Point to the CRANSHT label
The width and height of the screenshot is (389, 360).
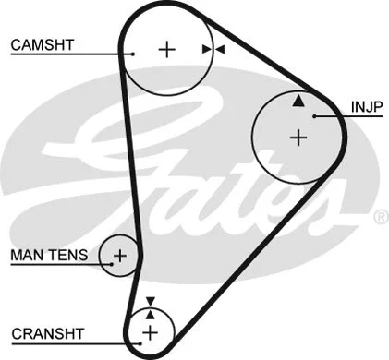pyautogui.click(x=47, y=332)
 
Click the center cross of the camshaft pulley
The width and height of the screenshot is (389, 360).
pyautogui.click(x=166, y=49)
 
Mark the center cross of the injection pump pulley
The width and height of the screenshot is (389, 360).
pyautogui.click(x=298, y=138)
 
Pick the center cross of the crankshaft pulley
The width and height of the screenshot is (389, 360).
pyautogui.click(x=151, y=331)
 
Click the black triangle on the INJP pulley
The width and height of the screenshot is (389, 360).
pyautogui.click(x=298, y=101)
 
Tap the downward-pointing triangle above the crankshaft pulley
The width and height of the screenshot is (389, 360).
pyautogui.click(x=151, y=301)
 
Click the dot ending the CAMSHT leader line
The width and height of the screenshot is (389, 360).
pyautogui.click(x=133, y=54)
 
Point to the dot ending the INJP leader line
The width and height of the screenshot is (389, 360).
pyautogui.click(x=315, y=115)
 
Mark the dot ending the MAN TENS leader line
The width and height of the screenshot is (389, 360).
pyautogui.click(x=108, y=263)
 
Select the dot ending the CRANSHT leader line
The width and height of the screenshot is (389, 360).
pyautogui.click(x=136, y=342)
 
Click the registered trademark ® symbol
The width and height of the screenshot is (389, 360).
pyautogui.click(x=379, y=218)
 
